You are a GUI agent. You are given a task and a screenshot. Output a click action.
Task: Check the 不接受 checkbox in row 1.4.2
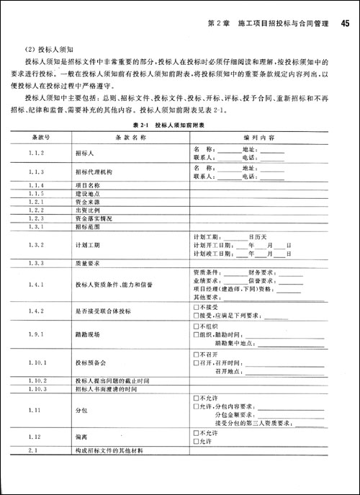pos(196,307)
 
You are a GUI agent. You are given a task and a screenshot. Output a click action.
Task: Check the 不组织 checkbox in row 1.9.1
pos(196,327)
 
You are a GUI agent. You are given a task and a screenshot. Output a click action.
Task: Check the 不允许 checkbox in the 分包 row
pos(196,398)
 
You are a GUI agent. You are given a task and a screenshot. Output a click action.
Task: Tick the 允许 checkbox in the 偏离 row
pos(196,440)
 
